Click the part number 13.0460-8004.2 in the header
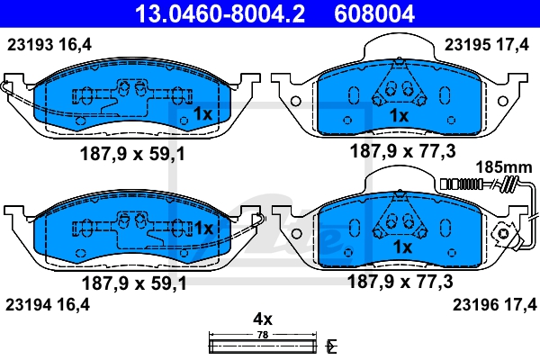[220, 13]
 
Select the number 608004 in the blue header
[374, 13]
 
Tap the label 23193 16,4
[49, 45]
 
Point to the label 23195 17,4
[486, 45]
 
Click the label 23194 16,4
[48, 305]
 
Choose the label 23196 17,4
[494, 305]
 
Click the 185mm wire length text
[504, 167]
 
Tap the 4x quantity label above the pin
[263, 319]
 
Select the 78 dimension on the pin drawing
[263, 335]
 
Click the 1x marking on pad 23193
[203, 113]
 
